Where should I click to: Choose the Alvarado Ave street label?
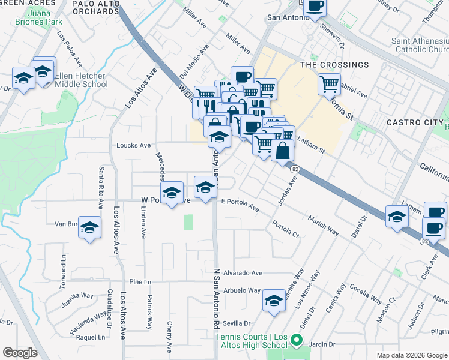point(243,273)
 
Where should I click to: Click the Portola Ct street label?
point(285,229)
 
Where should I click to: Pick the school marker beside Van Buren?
point(89,227)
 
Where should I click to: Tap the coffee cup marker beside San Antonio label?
point(315,7)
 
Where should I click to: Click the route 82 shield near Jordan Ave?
point(295,170)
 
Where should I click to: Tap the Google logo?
point(20,353)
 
